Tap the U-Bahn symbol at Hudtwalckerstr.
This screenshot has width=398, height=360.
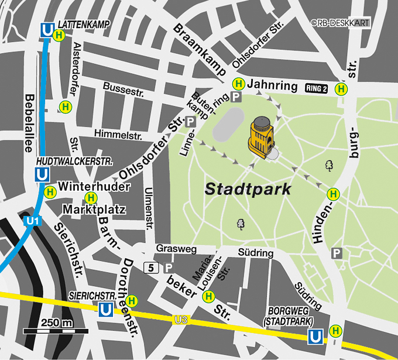pos(42,174)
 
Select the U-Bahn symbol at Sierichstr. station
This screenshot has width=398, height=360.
pos(107,308)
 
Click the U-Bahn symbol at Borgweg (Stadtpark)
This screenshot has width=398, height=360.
pos(315,337)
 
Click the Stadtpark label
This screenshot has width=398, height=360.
pos(248,190)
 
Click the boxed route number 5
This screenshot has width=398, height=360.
pos(151,268)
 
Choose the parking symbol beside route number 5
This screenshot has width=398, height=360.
pos(169,268)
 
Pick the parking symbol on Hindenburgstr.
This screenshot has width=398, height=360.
pos(337,253)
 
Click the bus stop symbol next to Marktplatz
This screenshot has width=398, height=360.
pos(91,198)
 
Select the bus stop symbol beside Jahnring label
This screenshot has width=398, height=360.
pos(238,83)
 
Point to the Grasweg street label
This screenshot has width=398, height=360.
pos(176,249)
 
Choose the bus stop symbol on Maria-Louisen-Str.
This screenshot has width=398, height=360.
pos(208,297)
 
